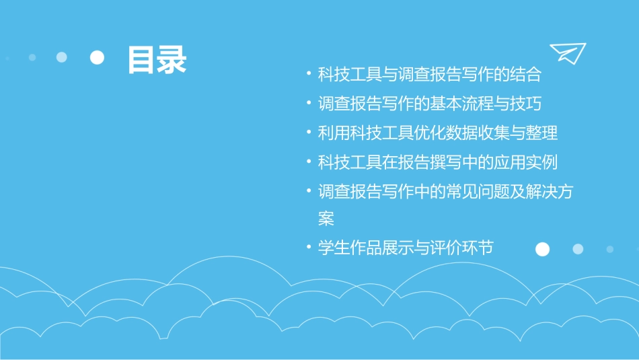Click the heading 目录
pos(157,59)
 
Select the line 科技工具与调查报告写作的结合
pos(430,74)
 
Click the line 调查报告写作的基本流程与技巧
pos(430,104)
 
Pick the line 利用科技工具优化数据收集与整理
pos(438,133)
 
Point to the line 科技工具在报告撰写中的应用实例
pos(438,162)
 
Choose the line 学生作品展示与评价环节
pos(406,248)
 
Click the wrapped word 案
pos(326,219)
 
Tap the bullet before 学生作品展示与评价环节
pos(308,248)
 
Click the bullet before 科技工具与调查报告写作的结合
pos(308,75)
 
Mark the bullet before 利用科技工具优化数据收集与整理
pos(308,133)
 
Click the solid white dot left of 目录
pos(98,58)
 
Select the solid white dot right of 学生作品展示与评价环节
pos(542,250)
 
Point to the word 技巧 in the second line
pos(525,104)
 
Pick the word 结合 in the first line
pos(525,74)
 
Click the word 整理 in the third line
pos(541,133)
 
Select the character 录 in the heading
pos(172,59)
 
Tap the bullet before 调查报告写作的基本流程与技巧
pos(308,104)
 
